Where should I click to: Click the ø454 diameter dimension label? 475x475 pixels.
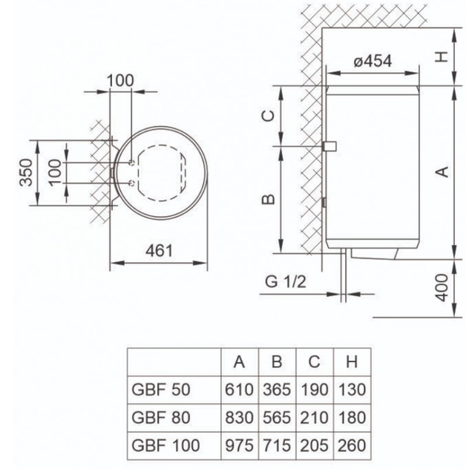coord(373,61)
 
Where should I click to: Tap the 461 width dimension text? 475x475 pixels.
coord(159,251)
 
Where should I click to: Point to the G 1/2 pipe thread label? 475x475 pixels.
coord(285,281)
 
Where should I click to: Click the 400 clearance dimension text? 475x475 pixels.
coord(442,288)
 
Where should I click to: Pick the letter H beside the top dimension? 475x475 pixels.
coord(442,56)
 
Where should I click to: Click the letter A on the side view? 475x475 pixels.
coord(442,171)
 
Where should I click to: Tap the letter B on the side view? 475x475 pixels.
coord(269,199)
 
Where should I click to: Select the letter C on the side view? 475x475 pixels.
coord(269,116)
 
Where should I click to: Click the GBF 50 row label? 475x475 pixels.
coord(161,390)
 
